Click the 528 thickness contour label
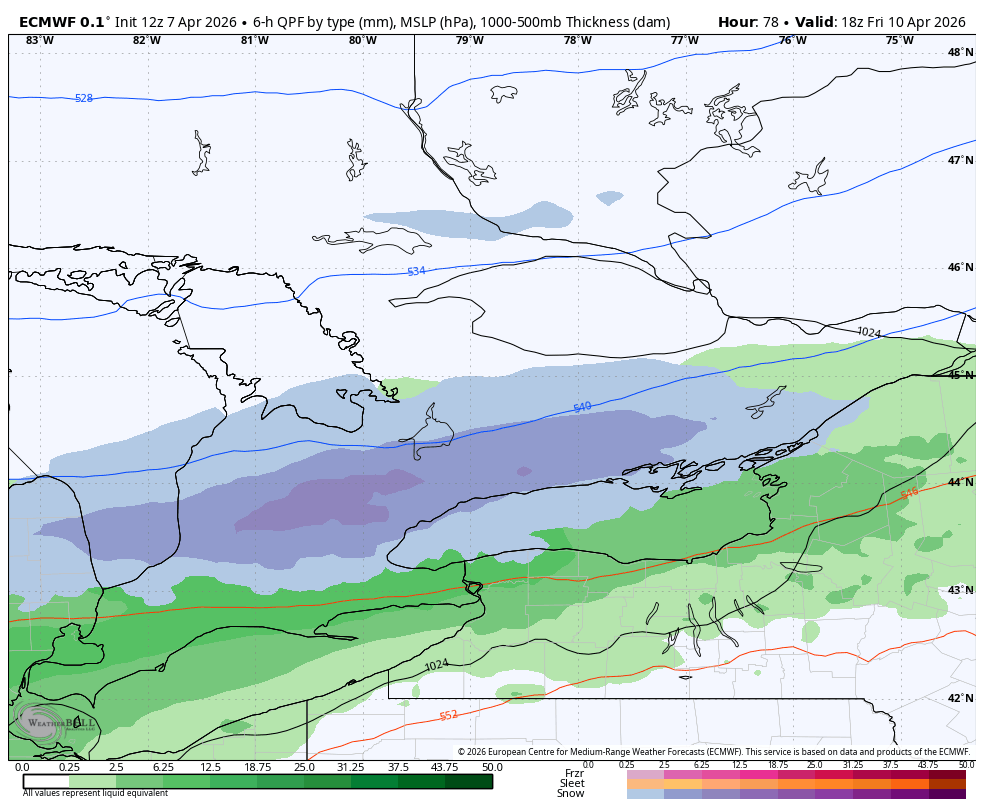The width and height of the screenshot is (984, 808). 84,98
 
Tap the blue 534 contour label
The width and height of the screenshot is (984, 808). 416,271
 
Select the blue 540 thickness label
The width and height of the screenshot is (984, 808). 582,407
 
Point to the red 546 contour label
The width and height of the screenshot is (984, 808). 909,494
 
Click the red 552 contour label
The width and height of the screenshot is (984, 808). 449,715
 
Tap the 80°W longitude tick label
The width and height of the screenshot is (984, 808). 362,40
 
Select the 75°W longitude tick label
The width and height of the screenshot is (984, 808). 899,40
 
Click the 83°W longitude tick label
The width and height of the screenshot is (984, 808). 39,40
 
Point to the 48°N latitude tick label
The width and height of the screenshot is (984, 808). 960,52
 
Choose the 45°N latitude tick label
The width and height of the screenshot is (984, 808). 960,375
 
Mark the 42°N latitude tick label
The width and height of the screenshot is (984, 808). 960,698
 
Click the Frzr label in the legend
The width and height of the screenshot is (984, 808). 574,773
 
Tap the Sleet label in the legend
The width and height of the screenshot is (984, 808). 572,783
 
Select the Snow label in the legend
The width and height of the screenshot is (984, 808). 571,793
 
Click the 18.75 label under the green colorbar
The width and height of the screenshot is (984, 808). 257,767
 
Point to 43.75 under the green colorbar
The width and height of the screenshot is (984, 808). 445,767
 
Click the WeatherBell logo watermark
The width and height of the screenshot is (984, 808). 55,722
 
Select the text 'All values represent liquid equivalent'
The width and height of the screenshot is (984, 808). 95,793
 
